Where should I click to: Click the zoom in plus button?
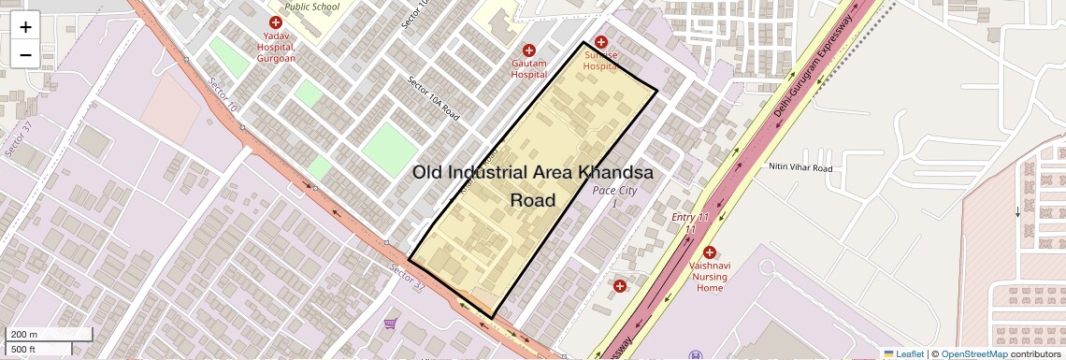(x=25, y=26)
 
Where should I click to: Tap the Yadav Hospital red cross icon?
(x=276, y=22)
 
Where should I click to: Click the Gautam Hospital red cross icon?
(x=529, y=50)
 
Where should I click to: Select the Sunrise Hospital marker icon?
(x=601, y=42)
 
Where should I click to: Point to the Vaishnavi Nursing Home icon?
(x=710, y=252)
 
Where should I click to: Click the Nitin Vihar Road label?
(x=799, y=168)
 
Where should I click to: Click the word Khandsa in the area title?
(x=615, y=173)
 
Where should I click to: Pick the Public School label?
(x=312, y=7)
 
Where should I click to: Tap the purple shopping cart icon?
(x=390, y=324)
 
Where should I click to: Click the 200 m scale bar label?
(x=24, y=335)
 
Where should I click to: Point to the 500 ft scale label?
(x=23, y=350)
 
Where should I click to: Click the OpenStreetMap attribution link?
(x=974, y=353)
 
